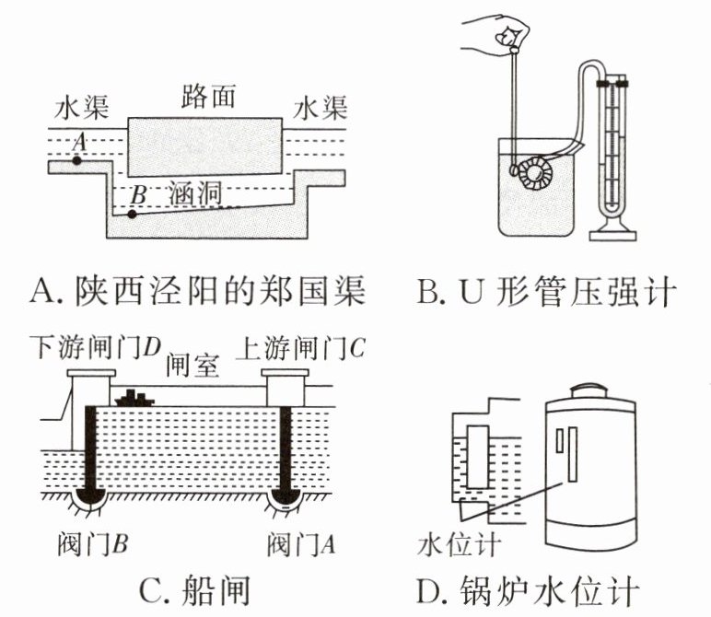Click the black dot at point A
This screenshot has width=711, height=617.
77,160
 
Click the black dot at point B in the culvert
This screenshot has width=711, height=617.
132,215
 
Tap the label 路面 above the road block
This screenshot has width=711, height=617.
208,96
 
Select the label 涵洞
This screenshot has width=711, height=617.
195,193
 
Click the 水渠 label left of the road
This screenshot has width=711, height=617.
81,108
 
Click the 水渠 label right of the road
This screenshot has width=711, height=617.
321,108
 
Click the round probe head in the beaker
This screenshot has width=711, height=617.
535,173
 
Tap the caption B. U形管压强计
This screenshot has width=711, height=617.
547,291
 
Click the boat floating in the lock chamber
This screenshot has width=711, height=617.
134,398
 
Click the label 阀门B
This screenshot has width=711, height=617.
92,543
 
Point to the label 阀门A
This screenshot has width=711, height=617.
300,543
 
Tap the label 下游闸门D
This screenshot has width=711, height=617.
96,348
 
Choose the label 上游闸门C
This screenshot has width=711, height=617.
300,348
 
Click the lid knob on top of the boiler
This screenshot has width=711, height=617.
588,390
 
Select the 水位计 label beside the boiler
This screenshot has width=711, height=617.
459,544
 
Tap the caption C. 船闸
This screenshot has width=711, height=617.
194,590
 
